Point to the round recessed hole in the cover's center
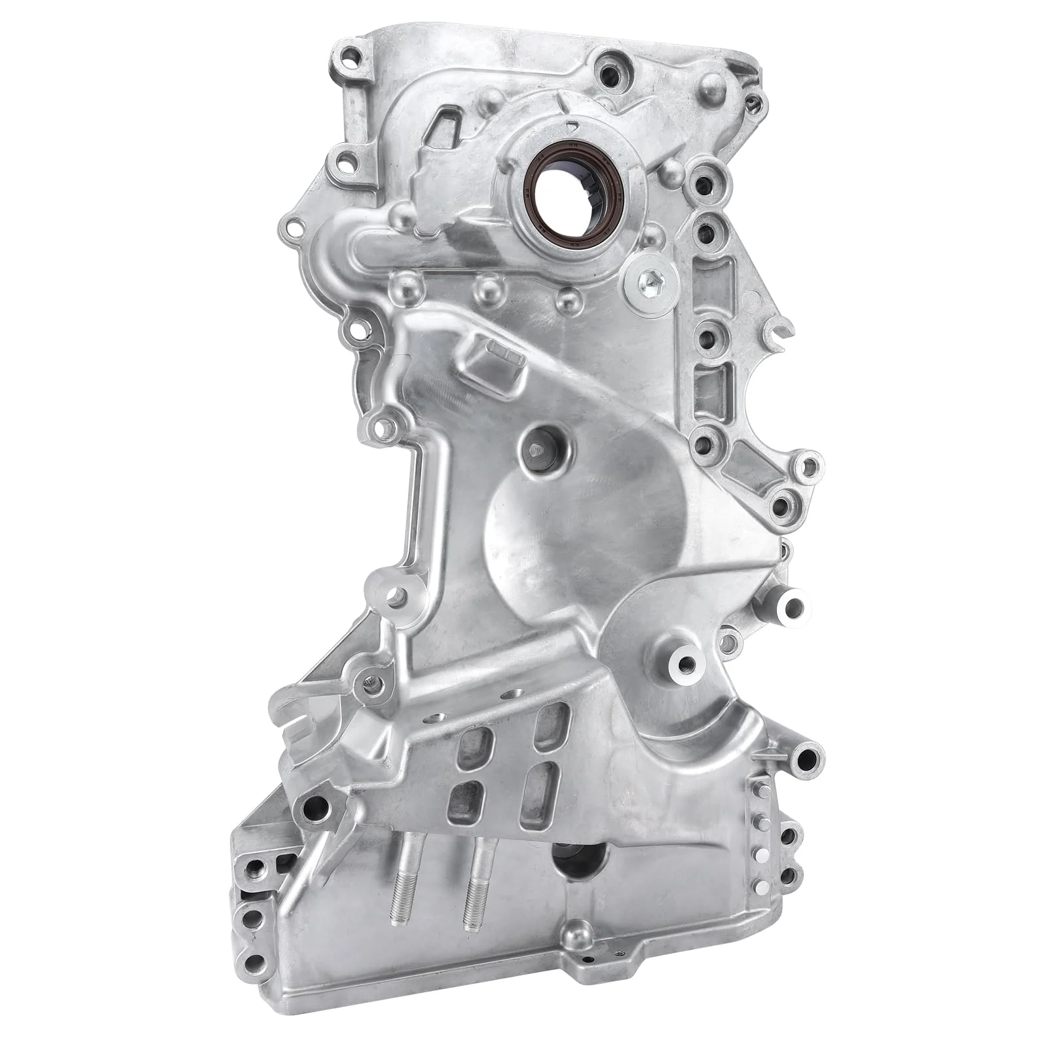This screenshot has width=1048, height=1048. pyautogui.click(x=544, y=450)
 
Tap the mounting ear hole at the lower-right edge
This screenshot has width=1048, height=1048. pyautogui.click(x=806, y=760)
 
